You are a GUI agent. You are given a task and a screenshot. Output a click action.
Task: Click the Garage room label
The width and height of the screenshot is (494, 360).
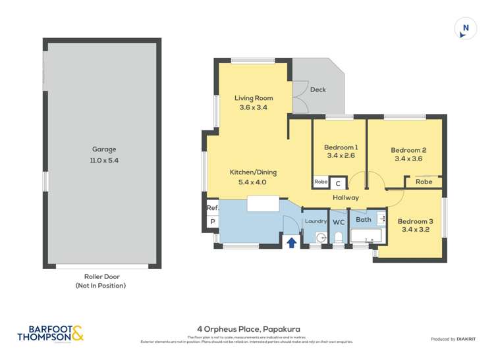click(101, 149)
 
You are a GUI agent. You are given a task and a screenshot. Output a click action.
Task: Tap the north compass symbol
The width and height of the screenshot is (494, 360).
click(466, 28)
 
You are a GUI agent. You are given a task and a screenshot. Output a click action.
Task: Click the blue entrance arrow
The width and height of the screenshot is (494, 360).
click(291, 243)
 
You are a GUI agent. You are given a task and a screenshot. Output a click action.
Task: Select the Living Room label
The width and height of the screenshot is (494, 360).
click(254, 98)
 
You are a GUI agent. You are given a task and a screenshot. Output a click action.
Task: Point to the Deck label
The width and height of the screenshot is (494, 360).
click(317, 90)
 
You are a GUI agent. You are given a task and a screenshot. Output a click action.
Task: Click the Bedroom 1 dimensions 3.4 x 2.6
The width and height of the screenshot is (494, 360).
click(341, 157)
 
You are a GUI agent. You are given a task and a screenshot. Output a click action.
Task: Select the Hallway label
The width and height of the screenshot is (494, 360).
click(346, 197)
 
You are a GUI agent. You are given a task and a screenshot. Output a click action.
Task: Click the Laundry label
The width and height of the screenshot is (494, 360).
click(316, 222)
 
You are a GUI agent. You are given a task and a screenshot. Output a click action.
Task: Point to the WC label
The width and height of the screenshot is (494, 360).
click(339, 222)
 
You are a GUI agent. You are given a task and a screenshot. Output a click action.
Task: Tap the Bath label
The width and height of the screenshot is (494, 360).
click(363, 219)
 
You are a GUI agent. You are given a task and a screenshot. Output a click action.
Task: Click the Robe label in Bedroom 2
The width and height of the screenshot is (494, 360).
click(424, 182)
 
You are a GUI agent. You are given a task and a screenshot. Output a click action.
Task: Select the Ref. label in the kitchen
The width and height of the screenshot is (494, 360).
click(212, 208)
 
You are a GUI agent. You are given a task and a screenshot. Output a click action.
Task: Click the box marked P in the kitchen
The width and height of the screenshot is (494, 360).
click(212, 222)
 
